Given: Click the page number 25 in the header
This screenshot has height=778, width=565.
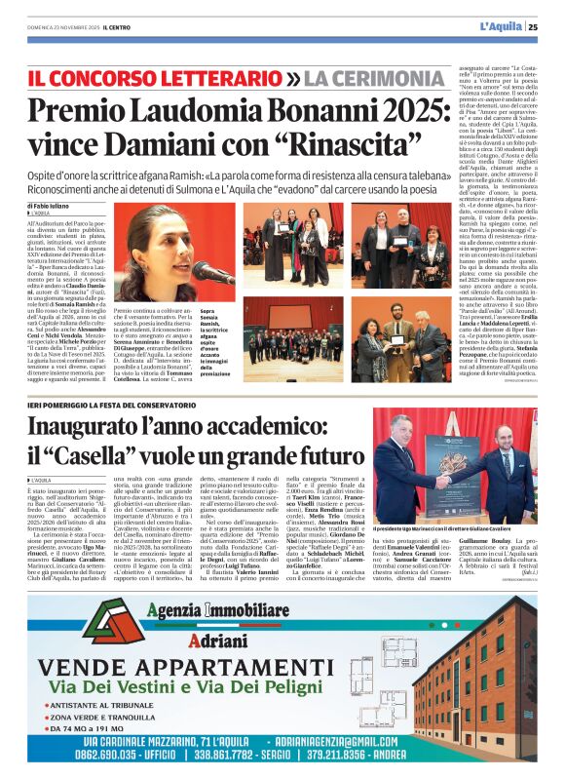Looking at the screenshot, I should point(546,26).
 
